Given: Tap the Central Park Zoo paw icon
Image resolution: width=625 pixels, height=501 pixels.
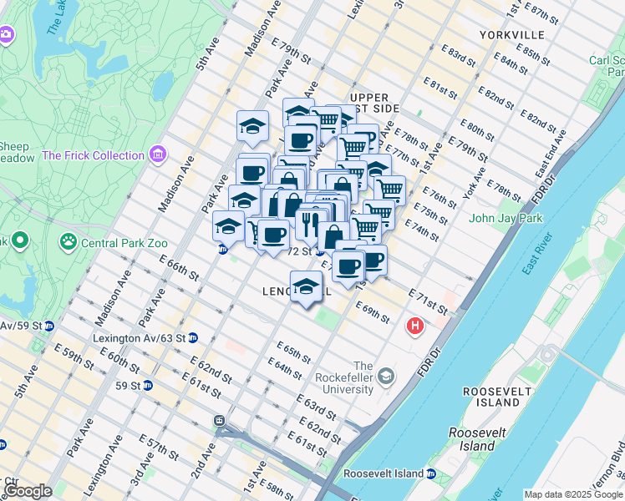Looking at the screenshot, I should pyautogui.click(x=68, y=242).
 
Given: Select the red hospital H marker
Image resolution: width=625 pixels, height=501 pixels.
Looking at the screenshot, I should pyautogui.click(x=414, y=326).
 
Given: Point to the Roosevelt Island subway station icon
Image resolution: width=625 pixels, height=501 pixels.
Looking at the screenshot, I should pyautogui.click(x=431, y=473).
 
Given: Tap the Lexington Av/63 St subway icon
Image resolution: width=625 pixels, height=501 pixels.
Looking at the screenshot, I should pyautogui.click(x=192, y=337).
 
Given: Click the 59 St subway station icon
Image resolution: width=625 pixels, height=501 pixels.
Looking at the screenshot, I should pyautogui.click(x=147, y=386).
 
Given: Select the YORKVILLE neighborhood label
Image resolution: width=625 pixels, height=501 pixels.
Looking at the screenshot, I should pyautogui.click(x=512, y=35).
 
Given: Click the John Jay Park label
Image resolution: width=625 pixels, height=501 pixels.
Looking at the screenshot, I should pyautogui.click(x=506, y=219).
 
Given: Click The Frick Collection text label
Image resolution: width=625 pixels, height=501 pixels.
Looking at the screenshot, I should pyautogui.click(x=93, y=155).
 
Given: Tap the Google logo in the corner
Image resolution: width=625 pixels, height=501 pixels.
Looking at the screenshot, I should pyautogui.click(x=28, y=491).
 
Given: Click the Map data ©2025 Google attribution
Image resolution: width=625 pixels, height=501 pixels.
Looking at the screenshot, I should pyautogui.click(x=573, y=494).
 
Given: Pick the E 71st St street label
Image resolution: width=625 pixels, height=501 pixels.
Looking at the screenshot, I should pyautogui.click(x=428, y=303).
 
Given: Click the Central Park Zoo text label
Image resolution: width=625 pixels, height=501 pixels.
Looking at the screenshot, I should pyautogui.click(x=118, y=243).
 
